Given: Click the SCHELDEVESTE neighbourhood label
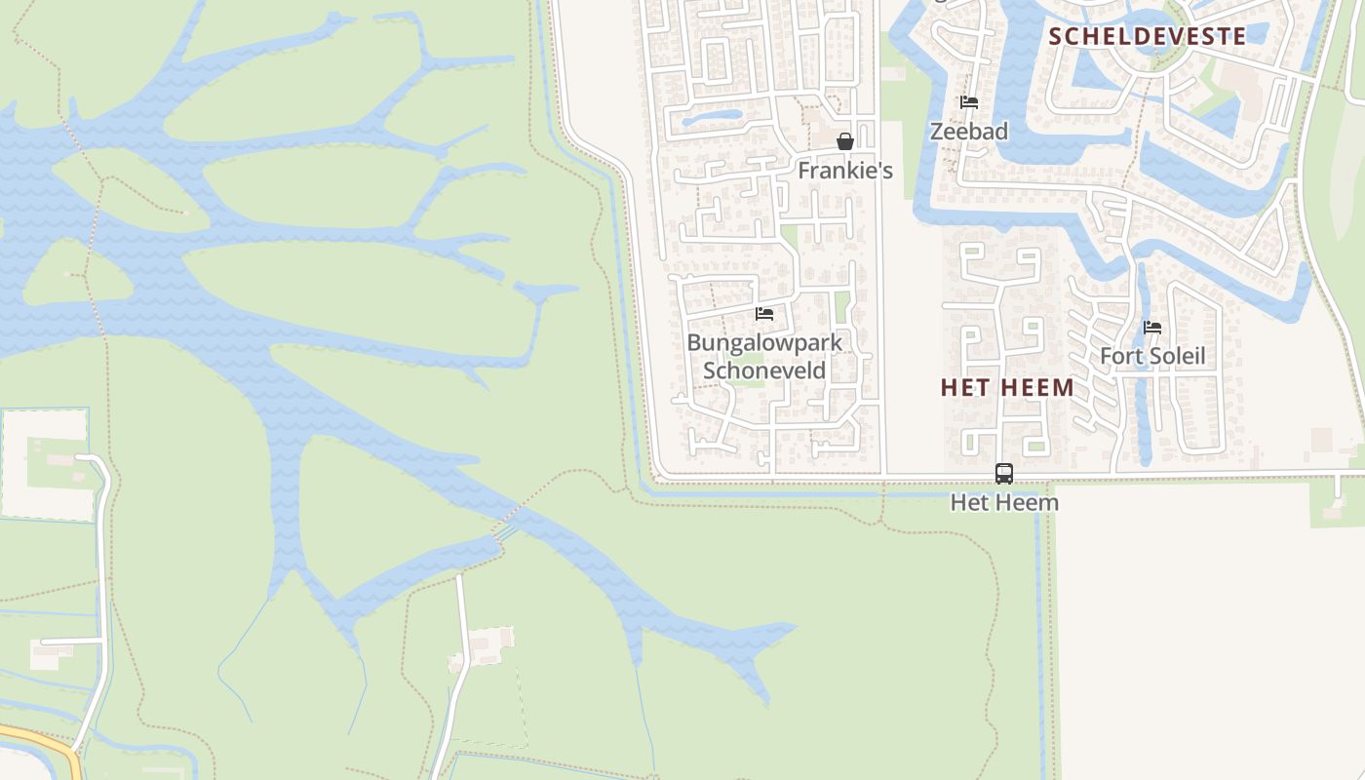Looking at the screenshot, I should coord(1147,37).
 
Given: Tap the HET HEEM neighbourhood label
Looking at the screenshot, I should coord(1007,388).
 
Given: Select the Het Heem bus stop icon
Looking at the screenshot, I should coord(1004,474).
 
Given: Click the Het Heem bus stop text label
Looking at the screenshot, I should coord(1004,503).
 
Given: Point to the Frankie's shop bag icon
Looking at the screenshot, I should coord(845,141).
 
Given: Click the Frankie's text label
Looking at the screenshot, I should coord(845,171).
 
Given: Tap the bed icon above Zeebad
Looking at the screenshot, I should coord(968,102).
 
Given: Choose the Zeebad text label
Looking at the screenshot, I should coord(968,132).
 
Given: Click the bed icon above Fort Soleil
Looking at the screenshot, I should coord(1152,328).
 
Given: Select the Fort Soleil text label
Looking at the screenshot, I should coord(1152,356).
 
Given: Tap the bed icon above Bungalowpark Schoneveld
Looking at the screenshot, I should coord(764,314).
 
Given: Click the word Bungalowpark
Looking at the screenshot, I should coord(764,342).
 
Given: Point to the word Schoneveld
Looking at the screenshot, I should coord(764,370).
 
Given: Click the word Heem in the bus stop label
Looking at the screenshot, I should coord(1033,503).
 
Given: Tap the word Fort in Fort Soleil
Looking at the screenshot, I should coord(1119,356).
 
